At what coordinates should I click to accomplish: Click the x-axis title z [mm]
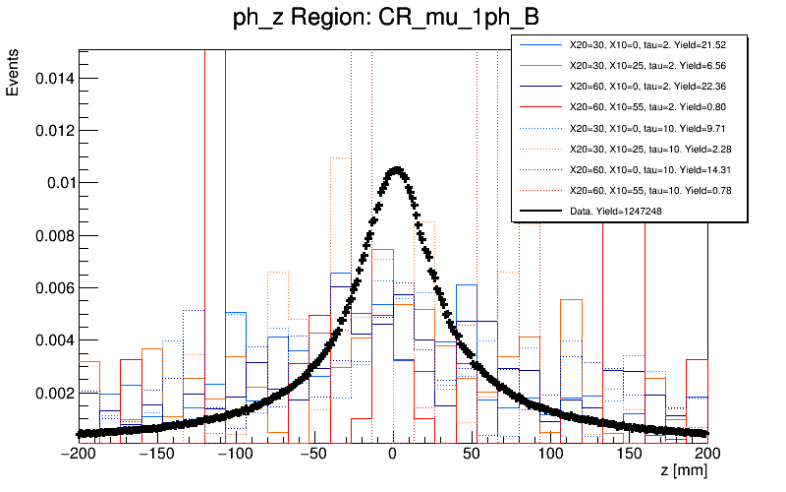[x=683, y=471]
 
